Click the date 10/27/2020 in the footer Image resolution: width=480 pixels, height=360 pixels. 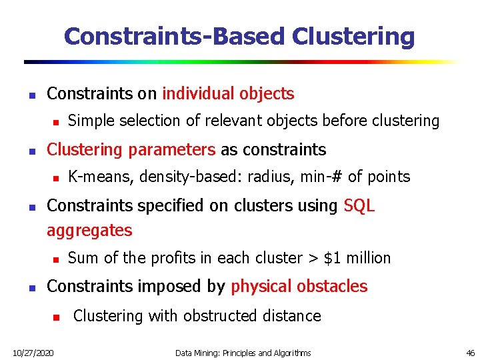[33, 352]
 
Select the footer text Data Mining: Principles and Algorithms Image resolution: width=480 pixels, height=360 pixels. [243, 352]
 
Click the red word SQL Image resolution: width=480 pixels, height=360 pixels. [359, 206]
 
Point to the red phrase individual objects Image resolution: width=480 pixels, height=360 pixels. [228, 93]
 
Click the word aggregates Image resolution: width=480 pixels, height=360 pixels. [89, 231]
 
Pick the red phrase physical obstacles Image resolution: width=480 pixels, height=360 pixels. [299, 286]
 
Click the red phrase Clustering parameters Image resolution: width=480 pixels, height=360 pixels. [131, 149]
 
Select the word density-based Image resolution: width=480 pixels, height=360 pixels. [179, 177]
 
